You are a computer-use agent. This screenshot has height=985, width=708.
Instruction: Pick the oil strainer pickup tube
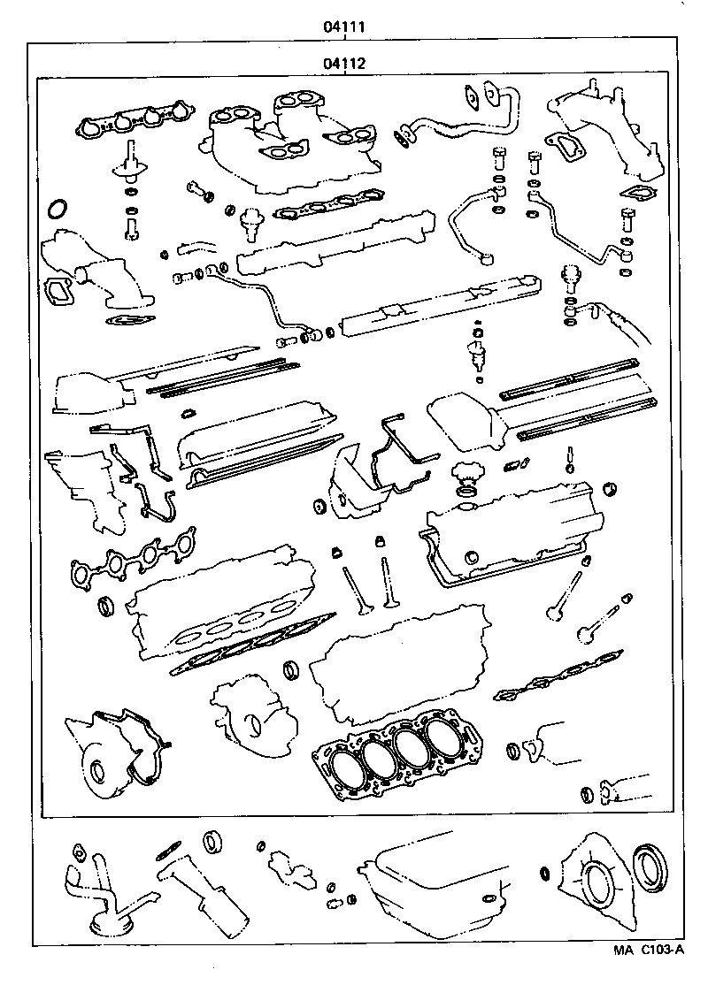coord(97,893)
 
